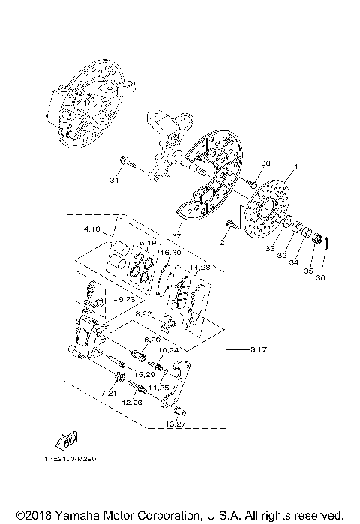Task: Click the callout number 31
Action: coord(114,180)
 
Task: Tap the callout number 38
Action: coord(265,163)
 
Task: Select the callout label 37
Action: coord(176,235)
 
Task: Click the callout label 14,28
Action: coord(201,266)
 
